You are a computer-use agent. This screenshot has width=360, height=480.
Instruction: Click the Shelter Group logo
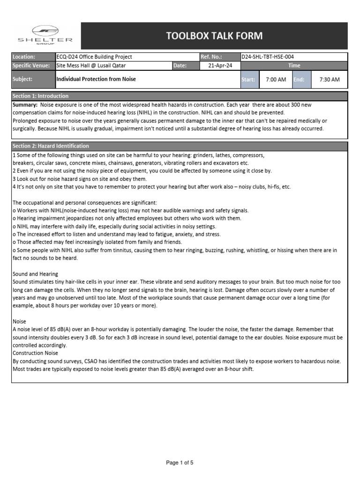45,35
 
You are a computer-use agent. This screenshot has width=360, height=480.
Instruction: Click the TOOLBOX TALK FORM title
214,36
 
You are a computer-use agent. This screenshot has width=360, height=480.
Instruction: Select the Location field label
24,57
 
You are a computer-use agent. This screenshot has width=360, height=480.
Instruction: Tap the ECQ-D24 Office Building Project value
94,57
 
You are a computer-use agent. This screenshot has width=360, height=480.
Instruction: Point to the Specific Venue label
31,66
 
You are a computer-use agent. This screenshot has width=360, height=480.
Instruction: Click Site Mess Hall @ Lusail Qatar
91,66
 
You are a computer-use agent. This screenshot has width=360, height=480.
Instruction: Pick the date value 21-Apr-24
219,66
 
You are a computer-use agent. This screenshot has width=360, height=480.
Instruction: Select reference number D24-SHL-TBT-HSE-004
268,57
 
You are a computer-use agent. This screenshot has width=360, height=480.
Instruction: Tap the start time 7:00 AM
276,80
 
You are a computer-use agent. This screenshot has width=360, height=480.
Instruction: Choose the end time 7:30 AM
329,80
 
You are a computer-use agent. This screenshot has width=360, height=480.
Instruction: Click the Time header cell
294,66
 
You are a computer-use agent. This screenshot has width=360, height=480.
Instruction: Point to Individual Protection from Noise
96,79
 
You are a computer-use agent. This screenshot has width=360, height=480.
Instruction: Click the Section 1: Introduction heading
41,96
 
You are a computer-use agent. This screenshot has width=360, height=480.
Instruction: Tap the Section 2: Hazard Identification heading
51,146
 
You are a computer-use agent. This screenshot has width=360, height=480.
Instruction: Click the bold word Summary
25,105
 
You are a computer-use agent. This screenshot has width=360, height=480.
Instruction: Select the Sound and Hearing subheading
35,274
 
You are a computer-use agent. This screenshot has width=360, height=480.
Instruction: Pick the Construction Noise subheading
35,352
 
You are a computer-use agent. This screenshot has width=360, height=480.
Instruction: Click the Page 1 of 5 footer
180,463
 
